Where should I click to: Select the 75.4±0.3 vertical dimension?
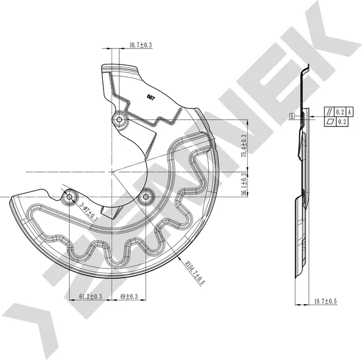coord(244,146)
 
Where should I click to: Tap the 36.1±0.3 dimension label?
coord(244,184)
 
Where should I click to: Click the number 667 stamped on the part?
coord(151,98)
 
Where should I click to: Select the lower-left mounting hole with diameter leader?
coord(70,197)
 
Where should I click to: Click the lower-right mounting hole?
coord(146,197)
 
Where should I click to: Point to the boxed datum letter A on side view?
coord(292,116)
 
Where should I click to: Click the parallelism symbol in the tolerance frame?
coord(329,112)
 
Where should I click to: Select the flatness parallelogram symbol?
coord(329,122)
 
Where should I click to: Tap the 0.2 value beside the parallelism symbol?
coord(340,112)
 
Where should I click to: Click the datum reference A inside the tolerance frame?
coord(350,112)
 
